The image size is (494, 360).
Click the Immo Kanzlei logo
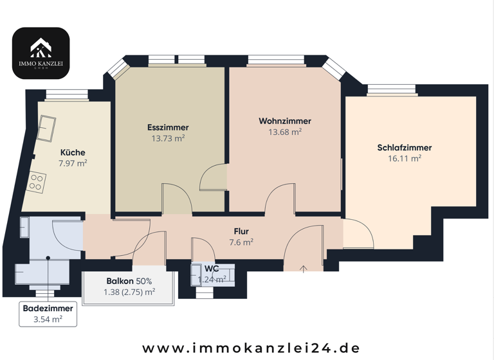(41, 53)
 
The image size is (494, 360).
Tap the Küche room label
(73, 152)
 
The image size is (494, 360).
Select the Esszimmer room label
(168, 127)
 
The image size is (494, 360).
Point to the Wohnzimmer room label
(285, 121)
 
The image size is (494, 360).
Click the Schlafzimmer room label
(404, 148)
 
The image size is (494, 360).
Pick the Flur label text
(241, 231)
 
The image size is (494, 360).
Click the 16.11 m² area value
(404, 158)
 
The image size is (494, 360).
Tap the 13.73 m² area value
(168, 138)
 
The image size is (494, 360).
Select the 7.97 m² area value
(73, 163)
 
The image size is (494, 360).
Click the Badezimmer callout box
(48, 314)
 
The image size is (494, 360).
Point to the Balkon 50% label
(129, 281)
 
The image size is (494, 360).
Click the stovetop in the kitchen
(37, 181)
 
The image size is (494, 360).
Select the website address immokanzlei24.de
(251, 348)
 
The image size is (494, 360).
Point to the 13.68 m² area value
(285, 132)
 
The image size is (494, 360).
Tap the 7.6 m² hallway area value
(241, 242)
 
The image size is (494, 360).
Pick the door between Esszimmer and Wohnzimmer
(214, 178)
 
